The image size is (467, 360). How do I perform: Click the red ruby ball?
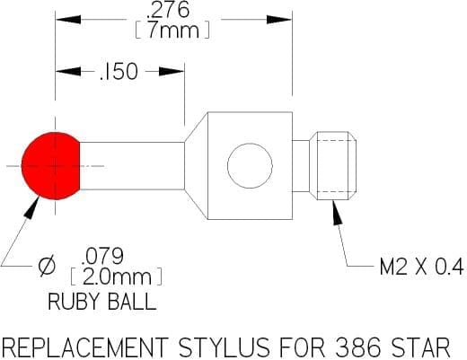pyautogui.click(x=51, y=166)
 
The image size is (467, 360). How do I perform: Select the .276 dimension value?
pyautogui.click(x=167, y=10)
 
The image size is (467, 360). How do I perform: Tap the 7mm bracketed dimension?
pyautogui.click(x=172, y=31)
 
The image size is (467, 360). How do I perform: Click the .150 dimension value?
pyautogui.click(x=119, y=72)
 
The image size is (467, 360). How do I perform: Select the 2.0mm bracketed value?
pyautogui.click(x=116, y=277)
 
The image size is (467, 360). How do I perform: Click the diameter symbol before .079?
pyautogui.click(x=47, y=266)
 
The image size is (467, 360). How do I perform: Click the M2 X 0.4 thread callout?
pyautogui.click(x=421, y=267)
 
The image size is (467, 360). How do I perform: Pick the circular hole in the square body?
pyautogui.click(x=250, y=166)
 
